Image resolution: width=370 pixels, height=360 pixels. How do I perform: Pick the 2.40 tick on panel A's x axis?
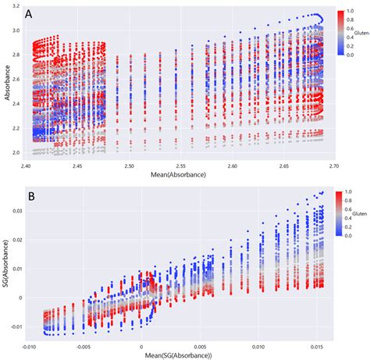[27, 165]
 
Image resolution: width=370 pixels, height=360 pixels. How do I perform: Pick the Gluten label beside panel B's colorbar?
[358, 213]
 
